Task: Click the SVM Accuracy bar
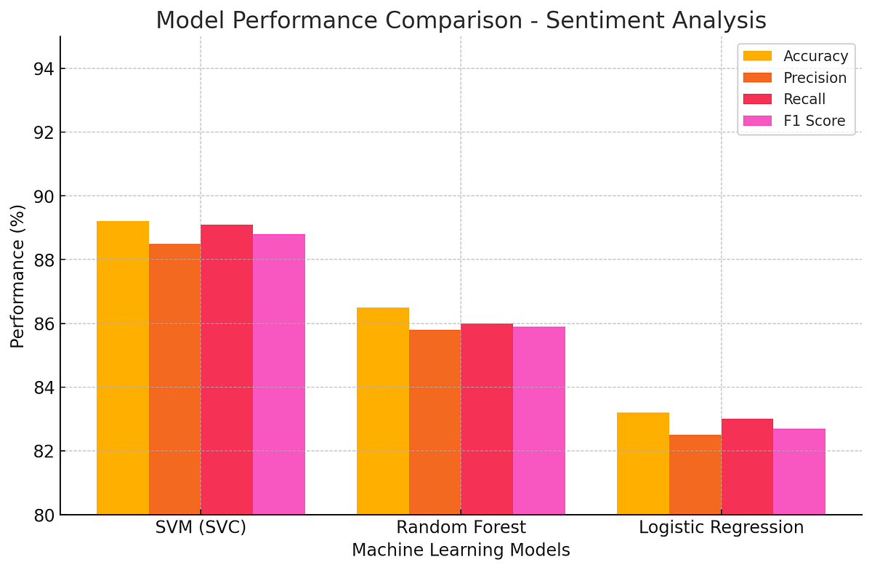pyautogui.click(x=123, y=367)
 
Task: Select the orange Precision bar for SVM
pyautogui.click(x=174, y=378)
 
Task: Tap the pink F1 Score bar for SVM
pyautogui.click(x=279, y=374)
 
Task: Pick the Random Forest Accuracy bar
pyautogui.click(x=383, y=411)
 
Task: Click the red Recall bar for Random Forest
pyautogui.click(x=487, y=419)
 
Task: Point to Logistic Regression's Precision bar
pyautogui.click(x=695, y=474)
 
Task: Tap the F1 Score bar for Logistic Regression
pyautogui.click(x=799, y=471)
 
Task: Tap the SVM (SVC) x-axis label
pyautogui.click(x=201, y=527)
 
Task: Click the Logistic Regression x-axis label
pyautogui.click(x=721, y=527)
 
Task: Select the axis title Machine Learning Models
pyautogui.click(x=461, y=550)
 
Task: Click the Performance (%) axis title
pyautogui.click(x=17, y=276)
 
